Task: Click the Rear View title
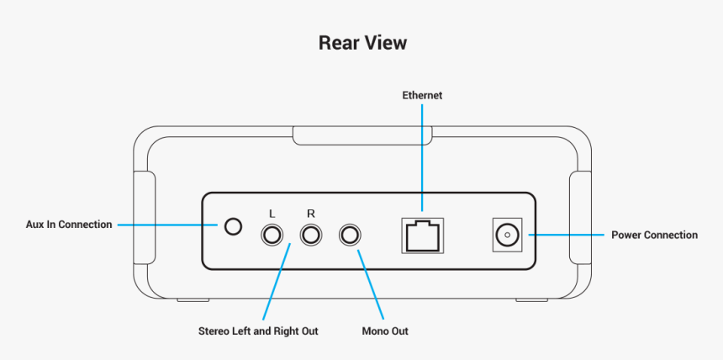(361, 42)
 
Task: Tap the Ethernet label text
(422, 96)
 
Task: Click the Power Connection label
(653, 235)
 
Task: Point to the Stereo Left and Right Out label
(258, 331)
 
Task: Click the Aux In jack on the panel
(233, 225)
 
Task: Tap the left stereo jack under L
(272, 235)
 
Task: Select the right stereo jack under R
(312, 235)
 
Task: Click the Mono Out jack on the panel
(350, 235)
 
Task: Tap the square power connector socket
(505, 235)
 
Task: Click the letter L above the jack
(272, 214)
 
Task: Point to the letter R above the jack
(311, 214)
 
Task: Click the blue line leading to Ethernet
(422, 156)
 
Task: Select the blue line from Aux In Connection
(168, 225)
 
